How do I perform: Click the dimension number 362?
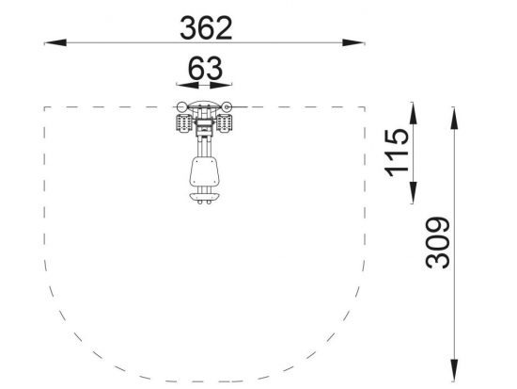pyautogui.click(x=206, y=28)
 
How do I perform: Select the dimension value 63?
pyautogui.click(x=205, y=69)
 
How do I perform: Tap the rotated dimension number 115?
pyautogui.click(x=397, y=153)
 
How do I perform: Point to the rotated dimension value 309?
pyautogui.click(x=437, y=242)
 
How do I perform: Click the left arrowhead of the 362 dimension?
pyautogui.click(x=55, y=42)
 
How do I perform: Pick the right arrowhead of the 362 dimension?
pyautogui.click(x=353, y=42)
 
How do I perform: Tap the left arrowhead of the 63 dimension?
pyautogui.click(x=188, y=86)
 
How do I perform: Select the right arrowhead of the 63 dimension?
pyautogui.click(x=221, y=86)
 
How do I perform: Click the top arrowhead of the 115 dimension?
pyautogui.click(x=413, y=113)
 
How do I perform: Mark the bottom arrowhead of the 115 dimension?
pyautogui.click(x=413, y=192)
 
